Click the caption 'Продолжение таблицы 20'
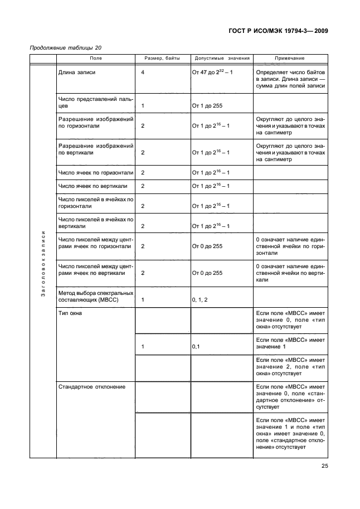[x=65, y=48]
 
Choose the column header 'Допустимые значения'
[x=222, y=59]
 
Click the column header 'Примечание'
[x=290, y=59]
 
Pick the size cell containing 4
[x=143, y=73]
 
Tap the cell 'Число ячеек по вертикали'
[x=90, y=186]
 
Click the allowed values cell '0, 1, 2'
[x=200, y=300]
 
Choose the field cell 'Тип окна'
[x=70, y=314]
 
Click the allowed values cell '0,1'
[x=196, y=347]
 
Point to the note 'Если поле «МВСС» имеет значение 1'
[x=290, y=343]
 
